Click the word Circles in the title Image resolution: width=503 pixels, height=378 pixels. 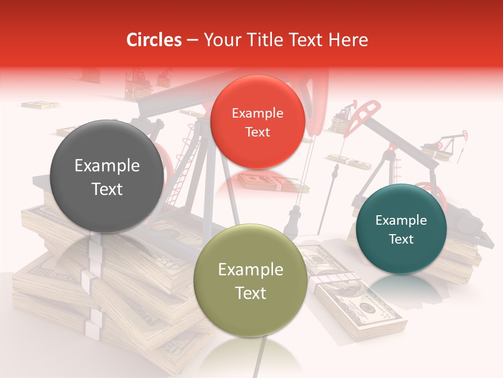154,40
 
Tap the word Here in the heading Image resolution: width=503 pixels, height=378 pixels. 350,40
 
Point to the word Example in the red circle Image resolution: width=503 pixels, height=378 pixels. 257,113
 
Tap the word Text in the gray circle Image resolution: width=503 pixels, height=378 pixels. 107,189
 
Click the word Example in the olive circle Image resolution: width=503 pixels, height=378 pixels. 250,270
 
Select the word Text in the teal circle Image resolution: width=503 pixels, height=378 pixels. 401,239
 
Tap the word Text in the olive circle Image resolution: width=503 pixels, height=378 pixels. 250,293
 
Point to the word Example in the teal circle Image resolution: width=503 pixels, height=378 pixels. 401,220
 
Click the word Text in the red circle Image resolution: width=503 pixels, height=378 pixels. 257,132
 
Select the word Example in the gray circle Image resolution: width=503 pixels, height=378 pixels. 107,166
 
